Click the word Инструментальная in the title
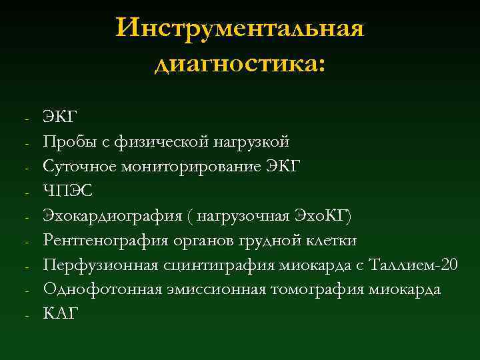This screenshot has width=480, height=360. tap(240, 29)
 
